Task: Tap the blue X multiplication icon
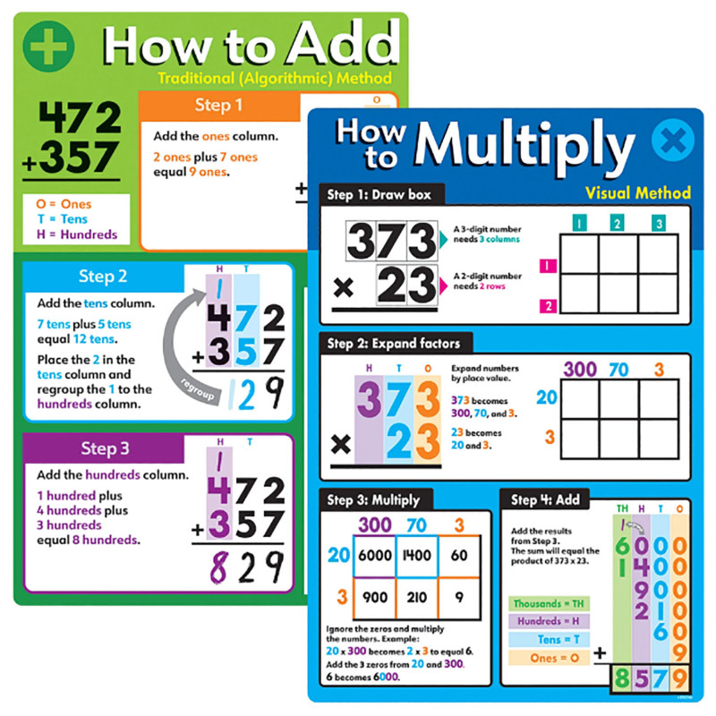pyautogui.click(x=672, y=143)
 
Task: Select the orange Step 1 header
pyautogui.click(x=218, y=106)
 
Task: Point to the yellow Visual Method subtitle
pyautogui.click(x=637, y=192)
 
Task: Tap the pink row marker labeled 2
pyautogui.click(x=549, y=307)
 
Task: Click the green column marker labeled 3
pyautogui.click(x=659, y=222)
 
